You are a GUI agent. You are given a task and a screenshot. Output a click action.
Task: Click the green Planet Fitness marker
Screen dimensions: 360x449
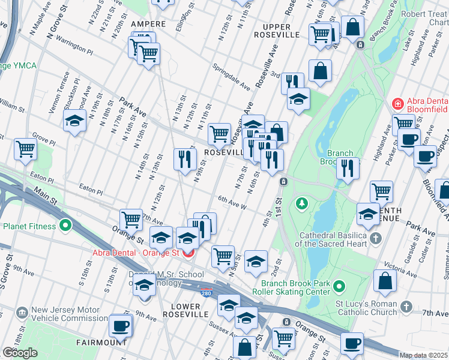65,226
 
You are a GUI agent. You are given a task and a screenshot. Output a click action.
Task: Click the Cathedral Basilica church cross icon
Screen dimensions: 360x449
376,239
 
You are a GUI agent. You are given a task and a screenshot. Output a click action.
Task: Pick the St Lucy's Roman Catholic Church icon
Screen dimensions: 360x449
406,307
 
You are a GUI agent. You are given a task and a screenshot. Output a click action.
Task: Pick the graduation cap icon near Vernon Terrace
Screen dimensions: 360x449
74,121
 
